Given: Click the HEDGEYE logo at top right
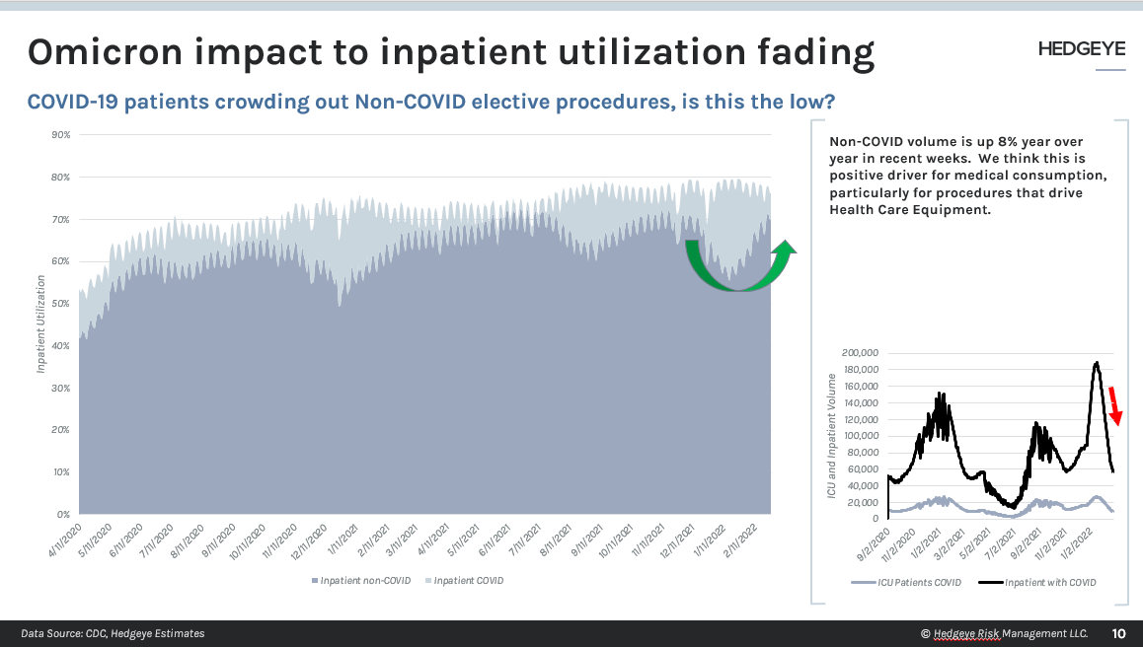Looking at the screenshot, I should click(x=1082, y=49).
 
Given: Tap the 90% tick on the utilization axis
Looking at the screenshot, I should click(x=60, y=135).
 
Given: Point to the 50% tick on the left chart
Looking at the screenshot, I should click(x=60, y=304).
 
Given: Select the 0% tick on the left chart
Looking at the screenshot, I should click(x=63, y=515).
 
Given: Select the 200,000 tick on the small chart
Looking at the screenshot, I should click(x=860, y=352).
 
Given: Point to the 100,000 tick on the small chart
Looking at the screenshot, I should click(x=860, y=435).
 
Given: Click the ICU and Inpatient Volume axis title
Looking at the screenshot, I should click(x=831, y=435).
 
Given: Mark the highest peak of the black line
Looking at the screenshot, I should click(x=1097, y=363).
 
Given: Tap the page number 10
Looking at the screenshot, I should click(x=1118, y=633).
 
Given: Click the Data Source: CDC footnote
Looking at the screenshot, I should click(x=113, y=633).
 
